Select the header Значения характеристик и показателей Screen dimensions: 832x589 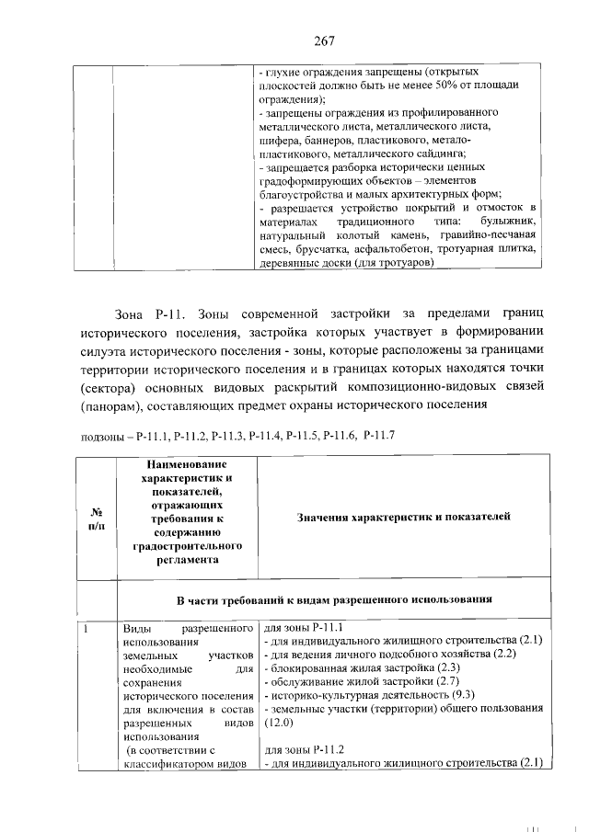pos(403,518)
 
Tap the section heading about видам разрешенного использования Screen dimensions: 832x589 pos(334,599)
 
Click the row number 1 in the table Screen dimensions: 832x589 pos(86,629)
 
